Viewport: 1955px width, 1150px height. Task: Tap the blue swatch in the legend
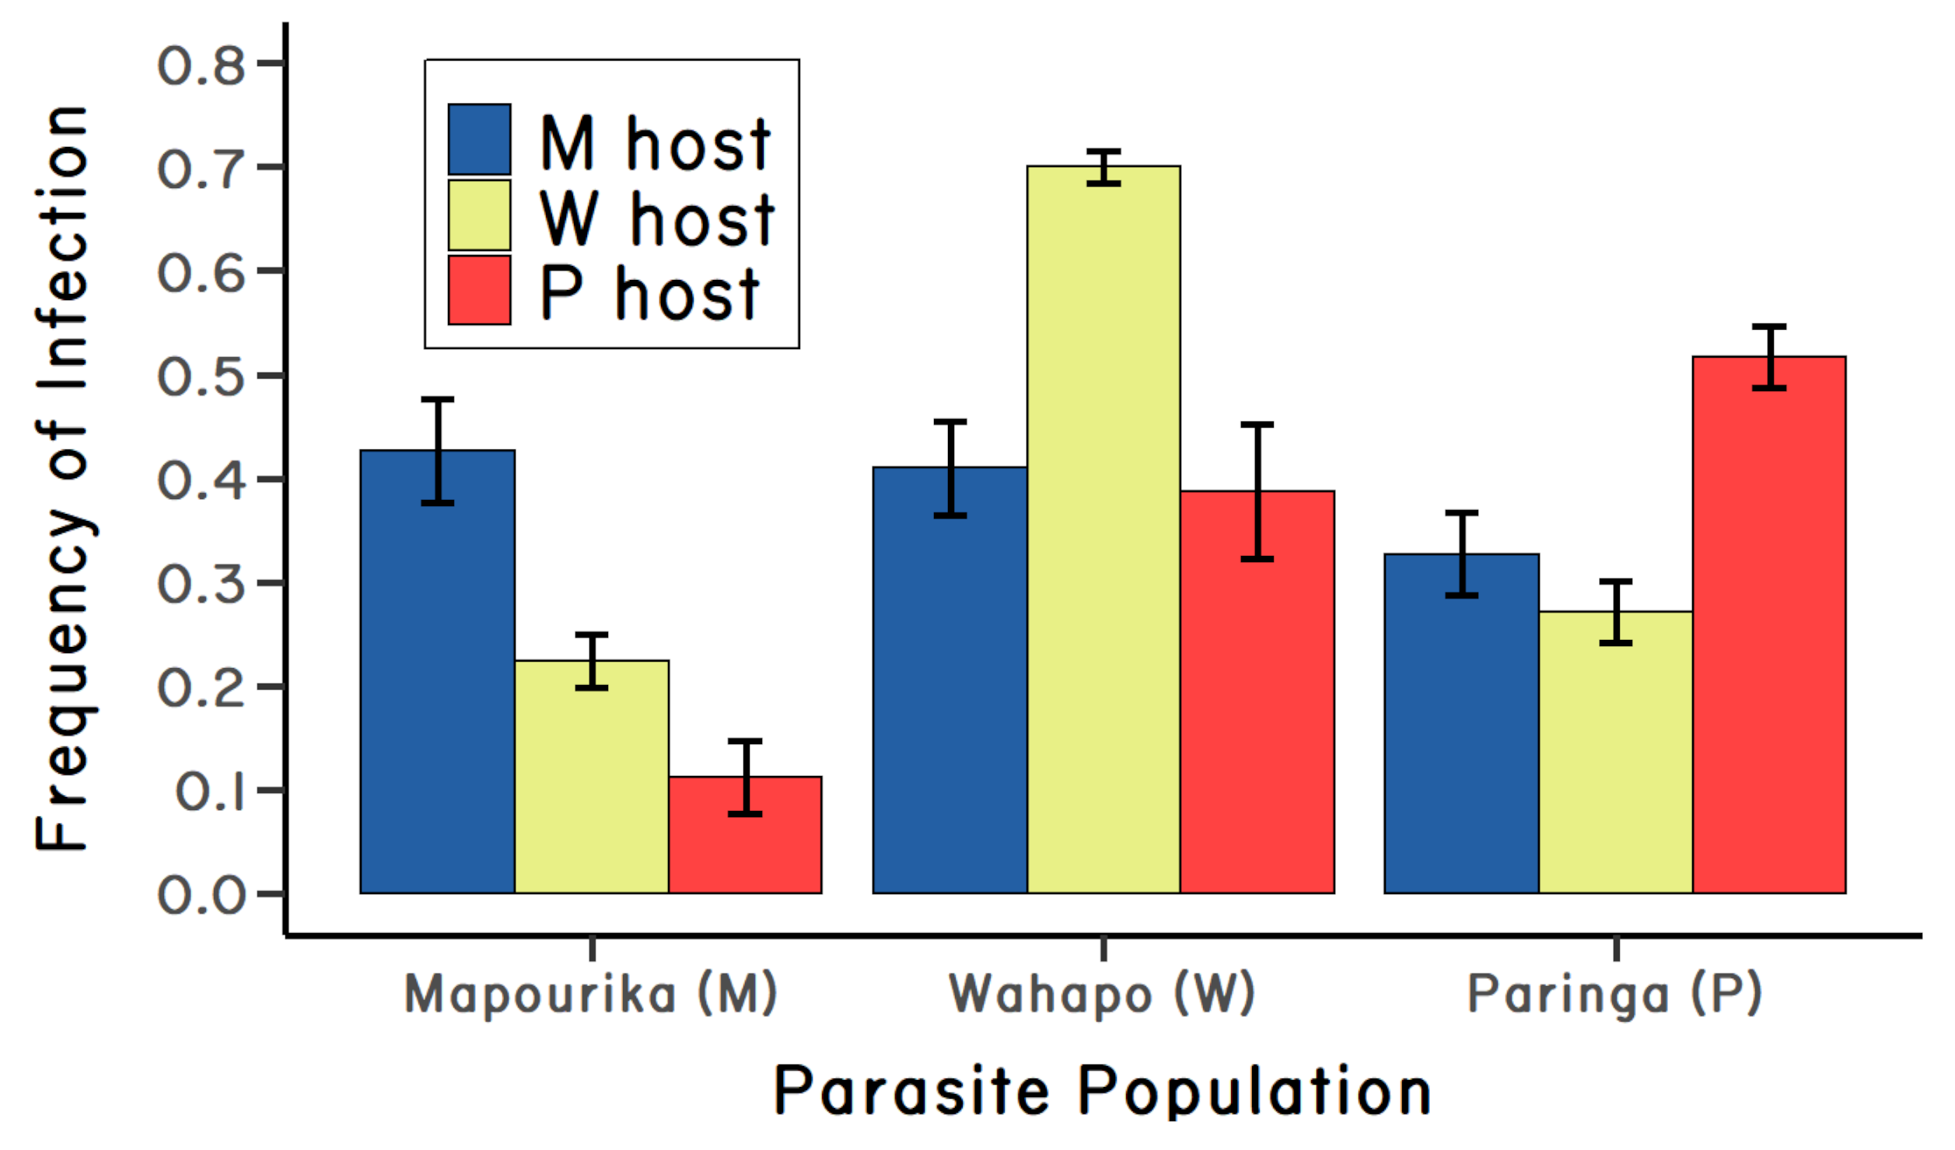pyautogui.click(x=479, y=139)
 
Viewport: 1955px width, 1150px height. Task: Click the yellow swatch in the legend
pyautogui.click(x=479, y=215)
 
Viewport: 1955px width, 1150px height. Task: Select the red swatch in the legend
pyautogui.click(x=479, y=289)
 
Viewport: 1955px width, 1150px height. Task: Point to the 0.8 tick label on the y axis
pyautogui.click(x=201, y=65)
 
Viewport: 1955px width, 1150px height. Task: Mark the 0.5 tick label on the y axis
pyautogui.click(x=201, y=377)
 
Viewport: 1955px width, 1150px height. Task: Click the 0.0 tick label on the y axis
pyautogui.click(x=201, y=895)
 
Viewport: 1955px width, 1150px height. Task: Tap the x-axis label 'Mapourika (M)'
pyautogui.click(x=590, y=994)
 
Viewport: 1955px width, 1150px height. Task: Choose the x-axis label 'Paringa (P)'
pyautogui.click(x=1614, y=994)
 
